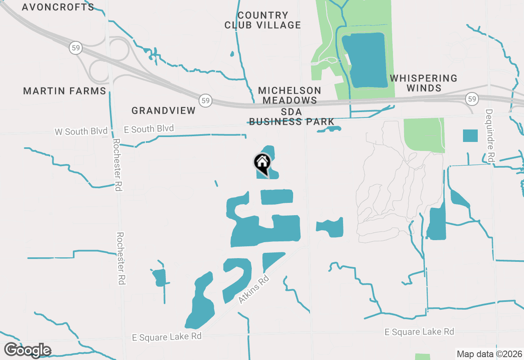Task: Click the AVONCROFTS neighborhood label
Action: click(58, 7)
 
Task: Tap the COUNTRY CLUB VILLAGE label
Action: click(263, 20)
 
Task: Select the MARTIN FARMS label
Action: click(65, 91)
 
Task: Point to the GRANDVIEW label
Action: click(164, 110)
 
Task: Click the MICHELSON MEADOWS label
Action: click(290, 95)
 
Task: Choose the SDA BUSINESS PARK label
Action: click(291, 117)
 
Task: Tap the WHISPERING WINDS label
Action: click(424, 83)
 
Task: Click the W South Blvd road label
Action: click(81, 131)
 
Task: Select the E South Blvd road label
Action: click(149, 129)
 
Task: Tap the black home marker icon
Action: click(262, 163)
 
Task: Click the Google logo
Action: click(27, 350)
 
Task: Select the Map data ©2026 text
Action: click(489, 354)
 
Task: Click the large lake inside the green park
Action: click(365, 60)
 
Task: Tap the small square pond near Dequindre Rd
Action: click(470, 135)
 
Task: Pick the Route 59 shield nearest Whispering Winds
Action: click(472, 99)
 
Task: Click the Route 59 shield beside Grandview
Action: click(206, 100)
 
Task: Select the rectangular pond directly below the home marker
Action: click(277, 197)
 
